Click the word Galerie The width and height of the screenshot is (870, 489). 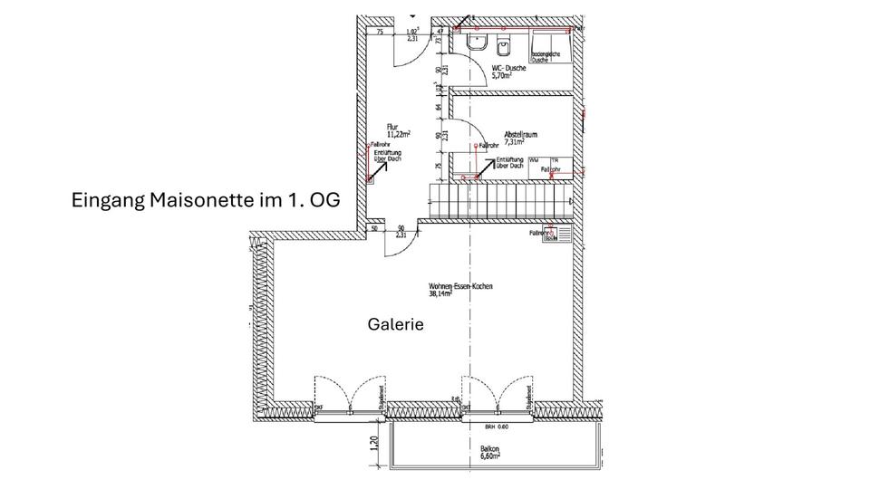[396, 323]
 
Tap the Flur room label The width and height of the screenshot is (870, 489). [391, 127]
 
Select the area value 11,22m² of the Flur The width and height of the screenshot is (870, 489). [398, 134]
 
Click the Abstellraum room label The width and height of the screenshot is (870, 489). [521, 134]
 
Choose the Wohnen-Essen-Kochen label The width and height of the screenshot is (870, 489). [460, 286]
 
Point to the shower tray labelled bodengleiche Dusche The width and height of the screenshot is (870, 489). [547, 45]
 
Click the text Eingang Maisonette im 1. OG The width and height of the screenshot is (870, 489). [205, 200]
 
